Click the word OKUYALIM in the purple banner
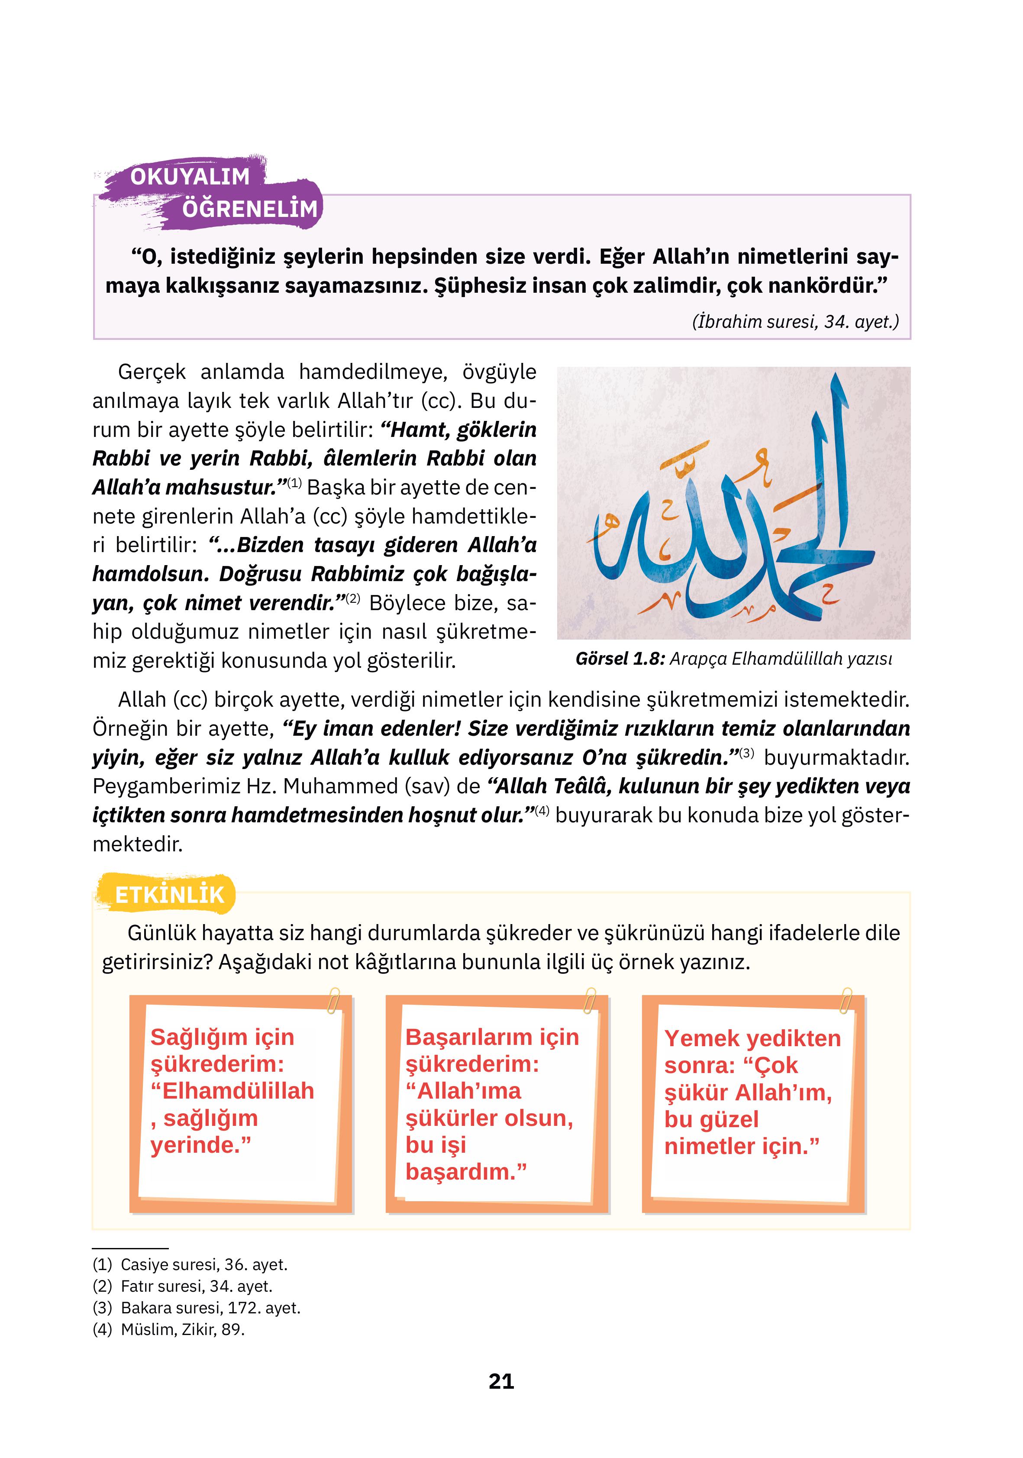[x=190, y=177]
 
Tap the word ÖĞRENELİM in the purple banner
[x=249, y=209]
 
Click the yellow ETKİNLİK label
[x=170, y=895]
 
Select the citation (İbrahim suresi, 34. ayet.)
[x=795, y=321]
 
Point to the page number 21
[x=501, y=1381]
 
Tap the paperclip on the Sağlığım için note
[x=333, y=1002]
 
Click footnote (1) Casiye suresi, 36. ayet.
[x=190, y=1264]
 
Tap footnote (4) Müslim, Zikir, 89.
[x=169, y=1329]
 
